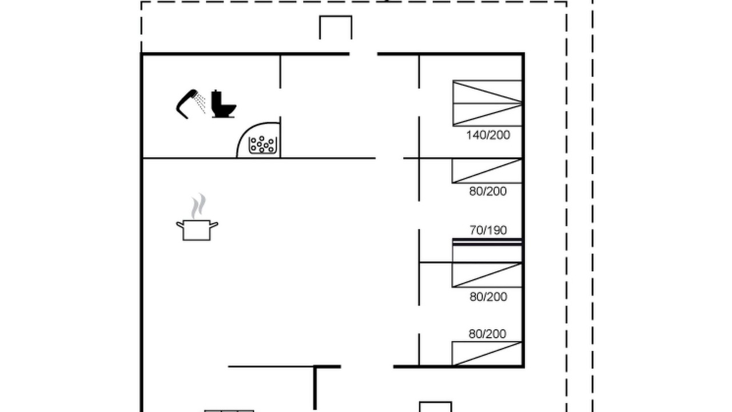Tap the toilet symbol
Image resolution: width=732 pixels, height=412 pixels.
(x=224, y=105)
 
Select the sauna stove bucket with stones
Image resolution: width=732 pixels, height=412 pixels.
(x=262, y=145)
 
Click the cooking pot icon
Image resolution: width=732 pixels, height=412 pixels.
(x=197, y=230)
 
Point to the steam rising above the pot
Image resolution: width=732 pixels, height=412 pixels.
(x=198, y=206)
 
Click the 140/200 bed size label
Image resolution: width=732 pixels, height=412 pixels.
(x=488, y=135)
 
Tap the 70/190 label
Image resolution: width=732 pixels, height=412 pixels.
(x=488, y=230)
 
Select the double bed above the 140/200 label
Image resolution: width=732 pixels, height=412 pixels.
(x=487, y=103)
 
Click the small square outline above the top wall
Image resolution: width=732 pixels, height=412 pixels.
(x=336, y=27)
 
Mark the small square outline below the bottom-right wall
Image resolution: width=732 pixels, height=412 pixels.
(x=435, y=407)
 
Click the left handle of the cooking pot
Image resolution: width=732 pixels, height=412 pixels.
(x=180, y=225)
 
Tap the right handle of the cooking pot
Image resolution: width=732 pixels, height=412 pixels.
(x=214, y=225)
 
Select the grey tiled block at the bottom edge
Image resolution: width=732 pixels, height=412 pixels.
(x=229, y=411)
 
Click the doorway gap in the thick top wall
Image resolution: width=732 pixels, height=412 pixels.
(x=363, y=54)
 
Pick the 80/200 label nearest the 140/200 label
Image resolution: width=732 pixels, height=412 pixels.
(x=488, y=191)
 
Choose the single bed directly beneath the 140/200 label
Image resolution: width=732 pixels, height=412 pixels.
(x=487, y=171)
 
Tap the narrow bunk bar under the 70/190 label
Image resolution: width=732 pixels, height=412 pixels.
(x=487, y=242)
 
